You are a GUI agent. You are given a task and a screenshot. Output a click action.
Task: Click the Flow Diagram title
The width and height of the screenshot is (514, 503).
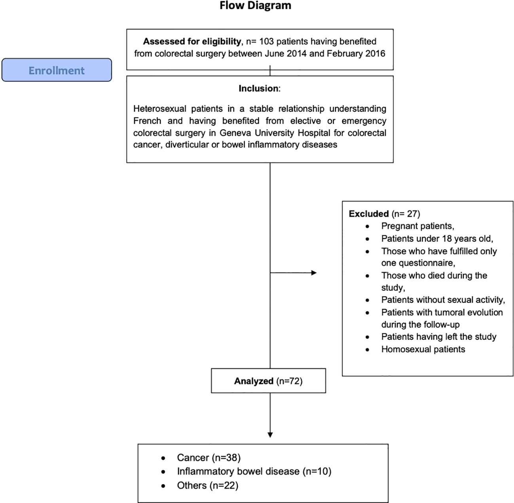(x=255, y=6)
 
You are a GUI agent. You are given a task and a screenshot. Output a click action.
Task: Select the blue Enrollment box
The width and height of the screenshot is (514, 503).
(x=57, y=70)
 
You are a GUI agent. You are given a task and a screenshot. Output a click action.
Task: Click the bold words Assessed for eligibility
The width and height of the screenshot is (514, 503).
(x=192, y=42)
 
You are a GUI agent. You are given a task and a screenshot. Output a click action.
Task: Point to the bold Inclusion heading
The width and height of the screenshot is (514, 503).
(x=259, y=89)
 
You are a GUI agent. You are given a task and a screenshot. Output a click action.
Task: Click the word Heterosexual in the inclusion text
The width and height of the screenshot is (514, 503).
(x=159, y=109)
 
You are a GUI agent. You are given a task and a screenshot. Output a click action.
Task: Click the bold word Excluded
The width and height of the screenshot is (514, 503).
(x=368, y=214)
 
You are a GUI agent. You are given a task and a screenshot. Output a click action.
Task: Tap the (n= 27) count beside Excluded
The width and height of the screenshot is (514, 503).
(x=406, y=214)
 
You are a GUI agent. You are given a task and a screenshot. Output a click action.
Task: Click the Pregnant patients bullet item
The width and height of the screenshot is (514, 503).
(x=417, y=226)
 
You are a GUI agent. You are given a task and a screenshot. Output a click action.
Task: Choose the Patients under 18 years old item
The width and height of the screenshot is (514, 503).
(x=437, y=239)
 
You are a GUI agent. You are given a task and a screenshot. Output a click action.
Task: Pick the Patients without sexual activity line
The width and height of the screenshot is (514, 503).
(x=443, y=300)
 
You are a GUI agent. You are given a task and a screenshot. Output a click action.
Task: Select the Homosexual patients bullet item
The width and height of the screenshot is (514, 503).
(x=423, y=349)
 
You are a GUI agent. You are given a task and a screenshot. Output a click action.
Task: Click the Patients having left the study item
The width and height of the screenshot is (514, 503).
(x=438, y=337)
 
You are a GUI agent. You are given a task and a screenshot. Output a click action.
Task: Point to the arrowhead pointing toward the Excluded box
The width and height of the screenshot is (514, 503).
(x=314, y=272)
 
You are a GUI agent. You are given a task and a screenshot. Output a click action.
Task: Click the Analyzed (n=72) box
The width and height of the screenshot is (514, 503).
(x=268, y=381)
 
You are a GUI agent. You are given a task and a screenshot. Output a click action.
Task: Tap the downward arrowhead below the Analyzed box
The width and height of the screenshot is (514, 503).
(x=270, y=435)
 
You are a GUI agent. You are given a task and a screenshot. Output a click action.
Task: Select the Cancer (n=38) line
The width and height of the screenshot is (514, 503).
(x=209, y=458)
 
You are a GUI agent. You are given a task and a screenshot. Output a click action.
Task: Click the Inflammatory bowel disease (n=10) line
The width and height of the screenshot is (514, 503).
(x=254, y=471)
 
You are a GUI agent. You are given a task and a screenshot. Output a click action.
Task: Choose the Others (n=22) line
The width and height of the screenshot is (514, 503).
(x=207, y=485)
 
